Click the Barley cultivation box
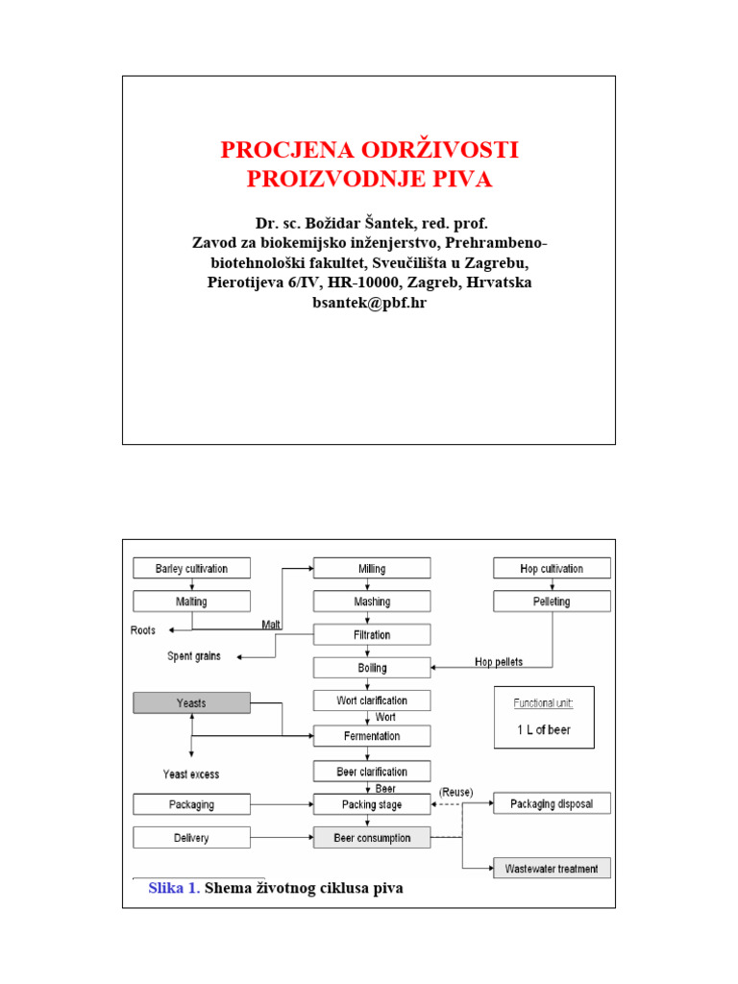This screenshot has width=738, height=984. pos(191,568)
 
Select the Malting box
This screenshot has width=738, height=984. pos(191,602)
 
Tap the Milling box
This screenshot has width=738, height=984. pos(372,568)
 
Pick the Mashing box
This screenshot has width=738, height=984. pos(372,602)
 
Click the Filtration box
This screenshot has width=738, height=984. pos(372,635)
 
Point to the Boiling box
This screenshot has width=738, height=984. pos(372,668)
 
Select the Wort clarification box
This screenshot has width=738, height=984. pos(372,701)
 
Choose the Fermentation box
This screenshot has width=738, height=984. pos(372,736)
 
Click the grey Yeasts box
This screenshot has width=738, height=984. pos(191,702)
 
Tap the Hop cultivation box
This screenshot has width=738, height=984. pos(552,568)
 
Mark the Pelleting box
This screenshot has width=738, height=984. pos(552,602)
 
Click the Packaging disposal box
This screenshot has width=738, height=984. pos(552,803)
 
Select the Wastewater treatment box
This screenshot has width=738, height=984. pos(552,869)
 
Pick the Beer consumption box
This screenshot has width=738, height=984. pos(372,838)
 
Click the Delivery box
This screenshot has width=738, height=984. pos(191,838)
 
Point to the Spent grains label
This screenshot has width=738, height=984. pos(193,656)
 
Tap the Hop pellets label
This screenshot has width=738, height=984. pos(499,662)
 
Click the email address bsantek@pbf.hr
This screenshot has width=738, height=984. pos(369,303)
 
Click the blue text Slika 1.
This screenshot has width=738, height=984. pos(174,889)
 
